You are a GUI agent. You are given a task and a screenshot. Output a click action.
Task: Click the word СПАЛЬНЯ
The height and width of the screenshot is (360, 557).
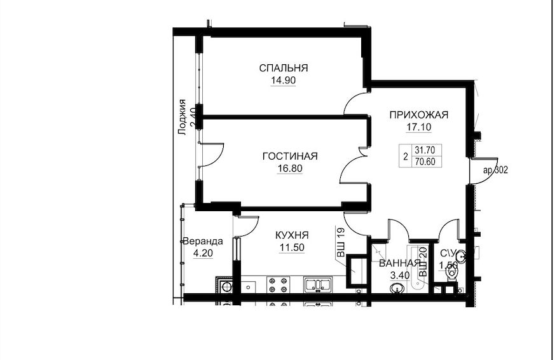(283, 68)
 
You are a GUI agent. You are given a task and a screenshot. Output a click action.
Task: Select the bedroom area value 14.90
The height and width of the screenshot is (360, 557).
(283, 81)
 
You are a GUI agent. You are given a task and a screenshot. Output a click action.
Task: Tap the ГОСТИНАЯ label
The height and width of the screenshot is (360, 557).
(290, 156)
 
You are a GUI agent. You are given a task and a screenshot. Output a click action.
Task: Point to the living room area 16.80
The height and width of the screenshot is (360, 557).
(290, 169)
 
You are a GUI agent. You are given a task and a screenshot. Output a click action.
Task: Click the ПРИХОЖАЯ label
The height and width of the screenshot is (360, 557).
(419, 115)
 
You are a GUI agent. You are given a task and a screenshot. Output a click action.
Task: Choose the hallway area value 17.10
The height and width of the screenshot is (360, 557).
(419, 127)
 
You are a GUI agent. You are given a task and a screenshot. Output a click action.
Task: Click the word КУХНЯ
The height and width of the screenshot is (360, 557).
(292, 235)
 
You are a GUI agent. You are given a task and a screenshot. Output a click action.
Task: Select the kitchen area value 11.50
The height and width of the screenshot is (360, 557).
(292, 247)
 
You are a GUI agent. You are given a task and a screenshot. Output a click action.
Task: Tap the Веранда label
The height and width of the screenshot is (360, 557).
(203, 242)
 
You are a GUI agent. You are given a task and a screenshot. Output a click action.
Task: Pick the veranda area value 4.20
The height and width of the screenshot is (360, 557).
(203, 253)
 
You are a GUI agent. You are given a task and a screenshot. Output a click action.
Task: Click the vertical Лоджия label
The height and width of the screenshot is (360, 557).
(182, 117)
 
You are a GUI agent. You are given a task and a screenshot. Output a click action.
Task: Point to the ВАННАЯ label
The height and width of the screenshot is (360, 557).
(400, 263)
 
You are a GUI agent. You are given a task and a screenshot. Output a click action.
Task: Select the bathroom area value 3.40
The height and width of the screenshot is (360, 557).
(400, 275)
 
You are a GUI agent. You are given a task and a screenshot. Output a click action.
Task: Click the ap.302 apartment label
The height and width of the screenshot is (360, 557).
(495, 170)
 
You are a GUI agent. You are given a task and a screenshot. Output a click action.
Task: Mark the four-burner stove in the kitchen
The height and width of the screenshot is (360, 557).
(278, 285)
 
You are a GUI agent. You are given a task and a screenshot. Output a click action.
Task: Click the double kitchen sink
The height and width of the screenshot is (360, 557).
(317, 285)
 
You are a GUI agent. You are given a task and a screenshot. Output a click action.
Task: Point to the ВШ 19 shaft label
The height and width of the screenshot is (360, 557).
(341, 243)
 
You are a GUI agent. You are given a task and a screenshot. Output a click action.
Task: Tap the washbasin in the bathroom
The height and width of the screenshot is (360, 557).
(397, 288)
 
